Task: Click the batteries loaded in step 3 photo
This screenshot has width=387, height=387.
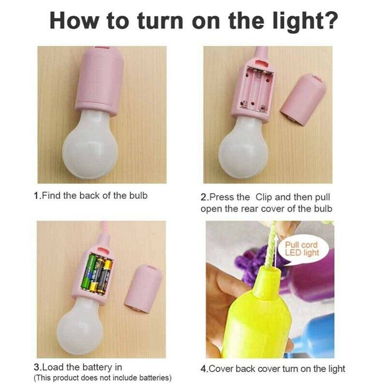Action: tap(97, 274)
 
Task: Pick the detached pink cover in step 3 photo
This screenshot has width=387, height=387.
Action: tap(143, 288)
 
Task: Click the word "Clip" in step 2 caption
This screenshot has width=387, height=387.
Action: tap(264, 198)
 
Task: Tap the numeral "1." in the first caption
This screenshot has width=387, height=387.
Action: tap(37, 196)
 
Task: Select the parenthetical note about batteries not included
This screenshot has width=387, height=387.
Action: tap(103, 378)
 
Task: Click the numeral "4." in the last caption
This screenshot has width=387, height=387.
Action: tap(204, 369)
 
